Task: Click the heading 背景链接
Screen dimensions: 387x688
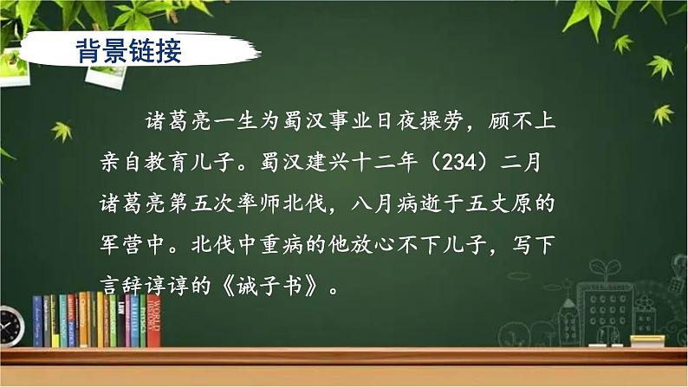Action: point(127,49)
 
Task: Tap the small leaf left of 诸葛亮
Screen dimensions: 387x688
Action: point(62,131)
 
